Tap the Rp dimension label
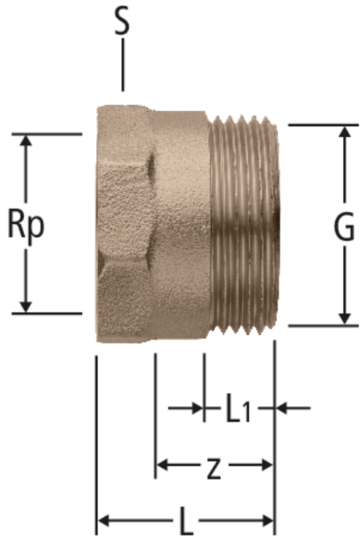pos(26,225)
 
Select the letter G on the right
pos(344,229)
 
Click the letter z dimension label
pos(213,470)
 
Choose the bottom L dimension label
pos(186,521)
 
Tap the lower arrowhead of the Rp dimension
pos(25,306)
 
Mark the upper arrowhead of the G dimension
pos(344,132)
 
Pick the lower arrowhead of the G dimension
pos(344,318)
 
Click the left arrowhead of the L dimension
pos(104,521)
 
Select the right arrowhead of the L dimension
pos(267,521)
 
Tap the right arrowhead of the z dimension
pos(266,464)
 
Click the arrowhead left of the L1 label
pos(197,407)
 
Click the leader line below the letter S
pos(122,65)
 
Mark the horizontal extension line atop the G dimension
pos(324,124)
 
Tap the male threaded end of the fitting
pos(245,225)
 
